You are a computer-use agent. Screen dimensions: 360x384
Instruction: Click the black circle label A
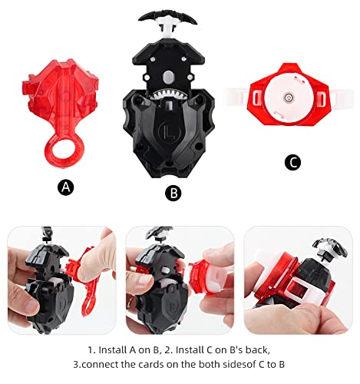coord(66,187)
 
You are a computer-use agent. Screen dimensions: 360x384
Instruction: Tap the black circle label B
coord(173,193)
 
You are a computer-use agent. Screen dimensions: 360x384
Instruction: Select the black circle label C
coord(292,162)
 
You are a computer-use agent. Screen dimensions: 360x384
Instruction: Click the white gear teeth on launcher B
coord(169,96)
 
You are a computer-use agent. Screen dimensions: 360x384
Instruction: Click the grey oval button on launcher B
coord(168,77)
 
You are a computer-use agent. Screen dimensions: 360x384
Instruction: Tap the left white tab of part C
coord(235,97)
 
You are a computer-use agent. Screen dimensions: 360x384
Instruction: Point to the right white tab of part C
coord(342,98)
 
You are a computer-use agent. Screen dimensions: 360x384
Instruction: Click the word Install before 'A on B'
coord(112,349)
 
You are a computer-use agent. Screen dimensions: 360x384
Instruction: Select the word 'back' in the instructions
coord(256,349)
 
